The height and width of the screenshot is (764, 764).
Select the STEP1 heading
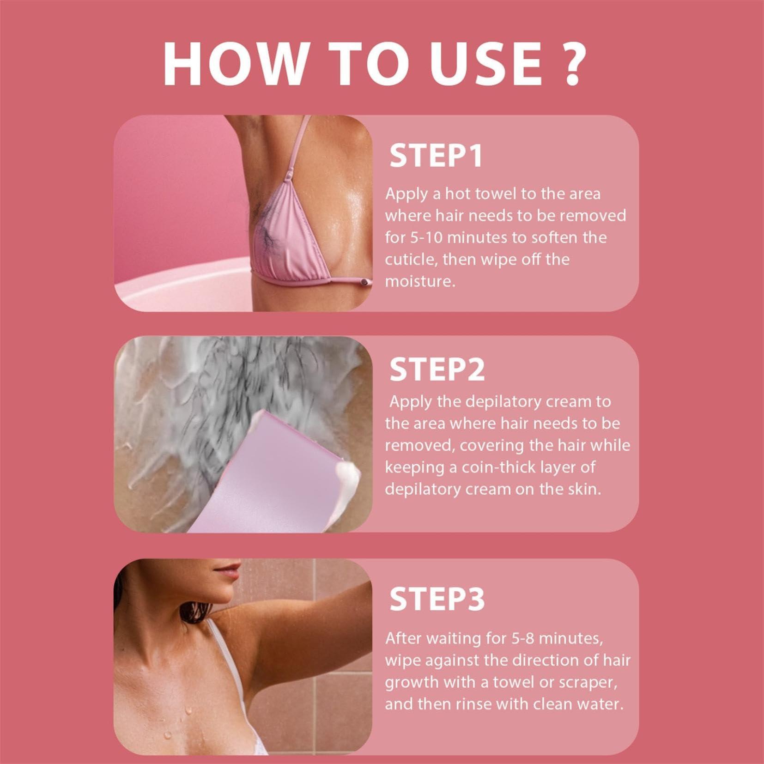[x=436, y=156]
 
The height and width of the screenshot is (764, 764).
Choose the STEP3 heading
[x=437, y=599]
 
